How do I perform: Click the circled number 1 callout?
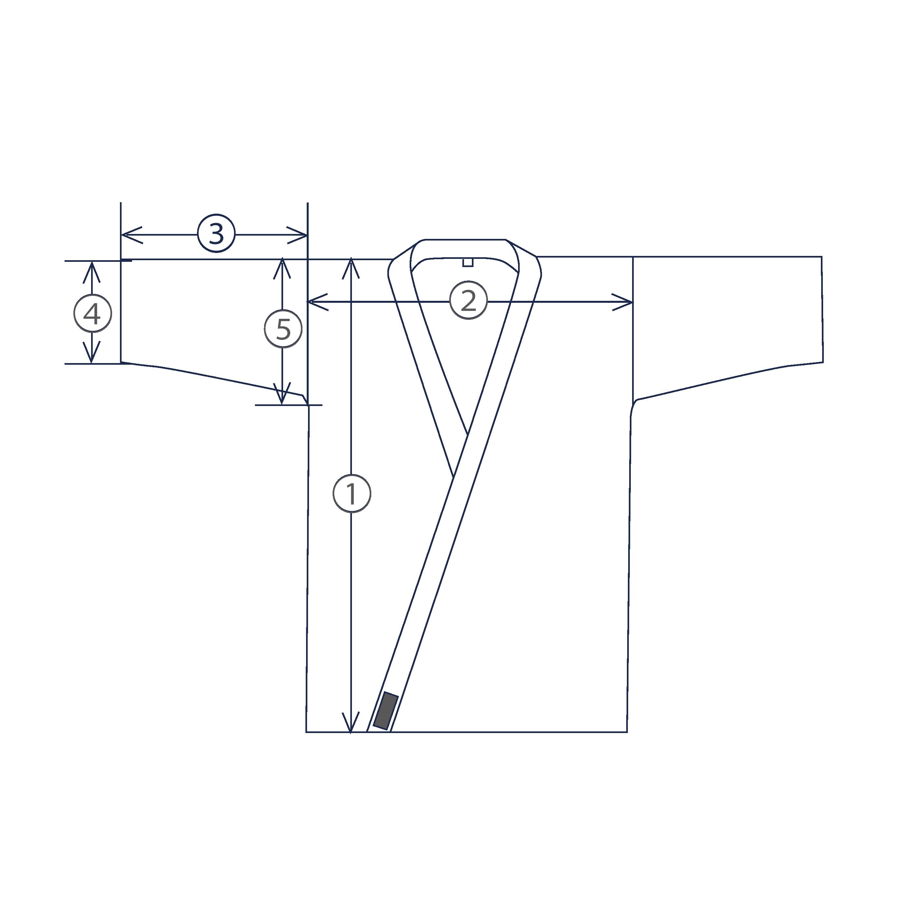[x=352, y=493]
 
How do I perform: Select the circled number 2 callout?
[x=468, y=301]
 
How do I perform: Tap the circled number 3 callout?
[x=216, y=234]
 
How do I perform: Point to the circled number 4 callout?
[x=93, y=314]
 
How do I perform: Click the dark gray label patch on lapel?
[x=386, y=710]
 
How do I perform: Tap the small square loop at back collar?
[x=467, y=262]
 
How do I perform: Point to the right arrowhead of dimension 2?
[x=626, y=301]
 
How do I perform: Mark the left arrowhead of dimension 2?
[x=314, y=301]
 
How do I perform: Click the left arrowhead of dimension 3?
[x=128, y=234]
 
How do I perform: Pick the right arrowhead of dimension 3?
[x=301, y=234]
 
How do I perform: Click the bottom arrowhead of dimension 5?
[x=282, y=397]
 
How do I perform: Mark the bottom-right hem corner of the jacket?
[x=627, y=732]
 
